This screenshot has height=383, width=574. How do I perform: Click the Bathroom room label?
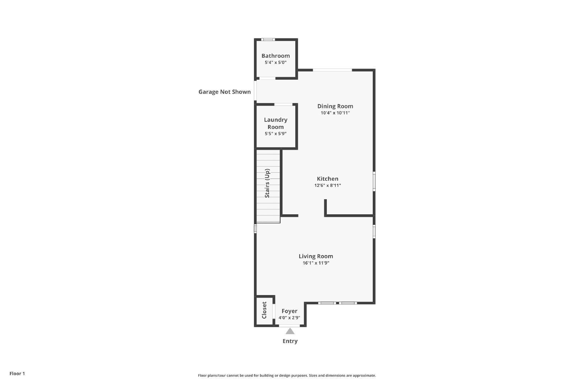pyautogui.click(x=276, y=56)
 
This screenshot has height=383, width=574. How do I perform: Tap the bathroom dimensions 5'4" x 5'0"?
pyautogui.click(x=276, y=62)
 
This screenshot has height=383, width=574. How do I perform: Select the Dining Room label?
pyautogui.click(x=335, y=106)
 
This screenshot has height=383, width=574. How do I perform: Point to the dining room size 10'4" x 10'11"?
pyautogui.click(x=335, y=113)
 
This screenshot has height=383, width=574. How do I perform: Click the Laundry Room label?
pyautogui.click(x=276, y=123)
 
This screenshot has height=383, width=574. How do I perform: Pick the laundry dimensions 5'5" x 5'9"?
pyautogui.click(x=276, y=134)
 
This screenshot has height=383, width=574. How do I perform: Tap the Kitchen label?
pyautogui.click(x=328, y=179)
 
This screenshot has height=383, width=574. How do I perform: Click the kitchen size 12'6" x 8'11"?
pyautogui.click(x=328, y=185)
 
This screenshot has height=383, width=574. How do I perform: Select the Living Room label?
pyautogui.click(x=316, y=256)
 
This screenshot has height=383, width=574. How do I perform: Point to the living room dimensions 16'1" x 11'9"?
pyautogui.click(x=316, y=263)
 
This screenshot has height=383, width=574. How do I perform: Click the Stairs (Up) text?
pyautogui.click(x=267, y=183)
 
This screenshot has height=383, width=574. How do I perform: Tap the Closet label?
pyautogui.click(x=264, y=310)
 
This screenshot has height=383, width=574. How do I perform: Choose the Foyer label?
pyautogui.click(x=289, y=311)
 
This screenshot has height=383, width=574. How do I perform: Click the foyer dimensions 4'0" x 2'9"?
pyautogui.click(x=289, y=318)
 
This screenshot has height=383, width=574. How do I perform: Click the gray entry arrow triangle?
pyautogui.click(x=290, y=331)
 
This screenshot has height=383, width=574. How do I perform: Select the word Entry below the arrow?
pyautogui.click(x=290, y=341)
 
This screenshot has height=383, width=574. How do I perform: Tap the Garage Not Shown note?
pyautogui.click(x=225, y=92)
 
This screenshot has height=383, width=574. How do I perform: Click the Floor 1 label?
pyautogui.click(x=17, y=374)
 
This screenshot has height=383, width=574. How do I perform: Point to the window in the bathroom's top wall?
pyautogui.click(x=268, y=39)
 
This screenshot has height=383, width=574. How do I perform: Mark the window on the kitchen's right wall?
pyautogui.click(x=374, y=181)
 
